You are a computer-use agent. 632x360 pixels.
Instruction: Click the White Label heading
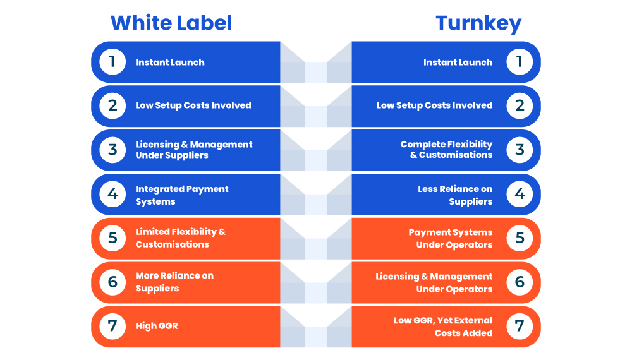(x=171, y=23)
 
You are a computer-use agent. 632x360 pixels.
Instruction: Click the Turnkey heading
(x=478, y=24)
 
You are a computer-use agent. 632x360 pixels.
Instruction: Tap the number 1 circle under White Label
(x=112, y=62)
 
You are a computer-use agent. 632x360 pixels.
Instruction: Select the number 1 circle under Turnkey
(x=520, y=62)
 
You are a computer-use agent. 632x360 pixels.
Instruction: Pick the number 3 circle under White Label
(x=112, y=150)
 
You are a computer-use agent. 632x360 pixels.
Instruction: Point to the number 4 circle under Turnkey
(x=520, y=194)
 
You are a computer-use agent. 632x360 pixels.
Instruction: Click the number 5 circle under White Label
(x=112, y=238)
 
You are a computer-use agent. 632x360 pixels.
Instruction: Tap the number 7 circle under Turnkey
(x=520, y=326)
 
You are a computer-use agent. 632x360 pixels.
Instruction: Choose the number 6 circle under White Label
(x=112, y=282)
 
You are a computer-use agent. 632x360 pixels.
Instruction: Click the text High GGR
(x=156, y=326)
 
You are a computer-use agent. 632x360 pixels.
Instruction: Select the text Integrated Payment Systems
(x=182, y=195)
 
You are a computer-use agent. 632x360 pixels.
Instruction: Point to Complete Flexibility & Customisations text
(x=447, y=150)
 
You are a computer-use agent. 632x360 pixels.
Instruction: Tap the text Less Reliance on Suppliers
(x=455, y=195)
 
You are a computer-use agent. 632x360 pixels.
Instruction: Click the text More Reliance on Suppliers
(x=174, y=282)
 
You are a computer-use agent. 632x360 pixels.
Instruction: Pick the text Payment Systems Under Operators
(x=451, y=238)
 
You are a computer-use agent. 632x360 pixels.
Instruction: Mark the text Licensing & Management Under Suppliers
(x=194, y=150)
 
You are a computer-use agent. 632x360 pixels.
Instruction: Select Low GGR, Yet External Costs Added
(x=444, y=327)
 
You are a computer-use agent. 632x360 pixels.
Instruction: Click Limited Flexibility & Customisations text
(x=181, y=238)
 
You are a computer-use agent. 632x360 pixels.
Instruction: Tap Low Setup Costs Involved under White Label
(x=193, y=105)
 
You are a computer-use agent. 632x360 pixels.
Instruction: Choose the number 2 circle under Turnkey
(x=520, y=105)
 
